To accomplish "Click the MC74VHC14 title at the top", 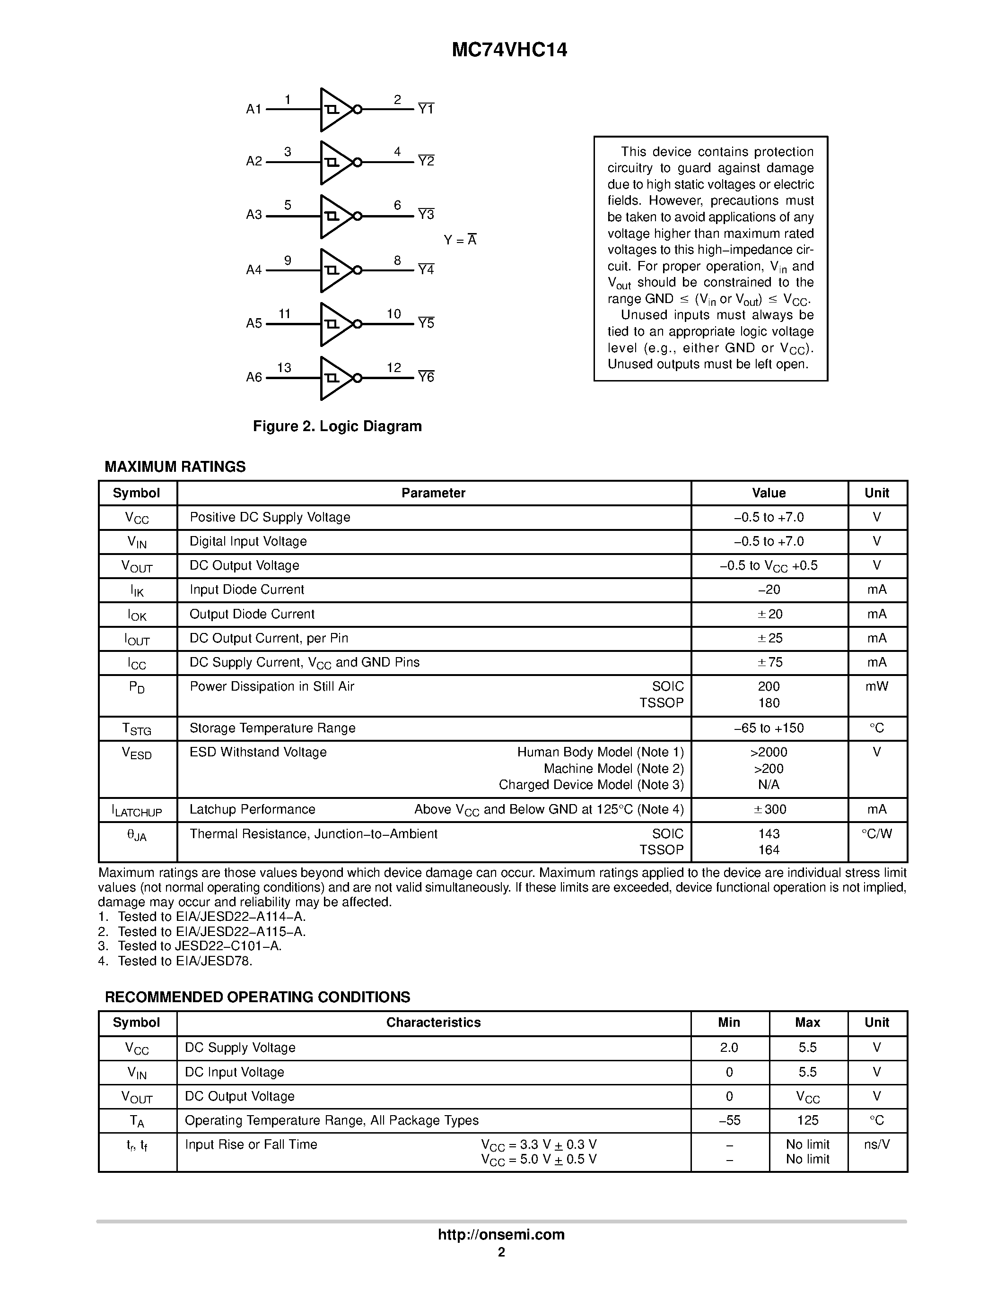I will [509, 50].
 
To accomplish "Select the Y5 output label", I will [426, 323].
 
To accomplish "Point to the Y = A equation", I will [460, 240].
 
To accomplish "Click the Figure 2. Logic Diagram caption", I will [337, 426].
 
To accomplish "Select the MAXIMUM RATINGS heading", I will [175, 467].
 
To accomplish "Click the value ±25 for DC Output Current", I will [769, 638].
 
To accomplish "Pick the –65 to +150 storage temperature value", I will [769, 728].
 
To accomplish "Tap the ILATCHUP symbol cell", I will [137, 810].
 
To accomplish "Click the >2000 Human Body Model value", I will [769, 753].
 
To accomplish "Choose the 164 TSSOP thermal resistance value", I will [769, 850].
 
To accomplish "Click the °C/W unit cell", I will [876, 834].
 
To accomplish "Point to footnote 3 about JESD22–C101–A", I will [191, 946].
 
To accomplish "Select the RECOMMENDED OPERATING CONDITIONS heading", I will [257, 997].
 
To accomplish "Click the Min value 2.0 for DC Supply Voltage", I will [729, 1048].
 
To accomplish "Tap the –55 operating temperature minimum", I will [729, 1120].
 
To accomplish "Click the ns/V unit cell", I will [876, 1144].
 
